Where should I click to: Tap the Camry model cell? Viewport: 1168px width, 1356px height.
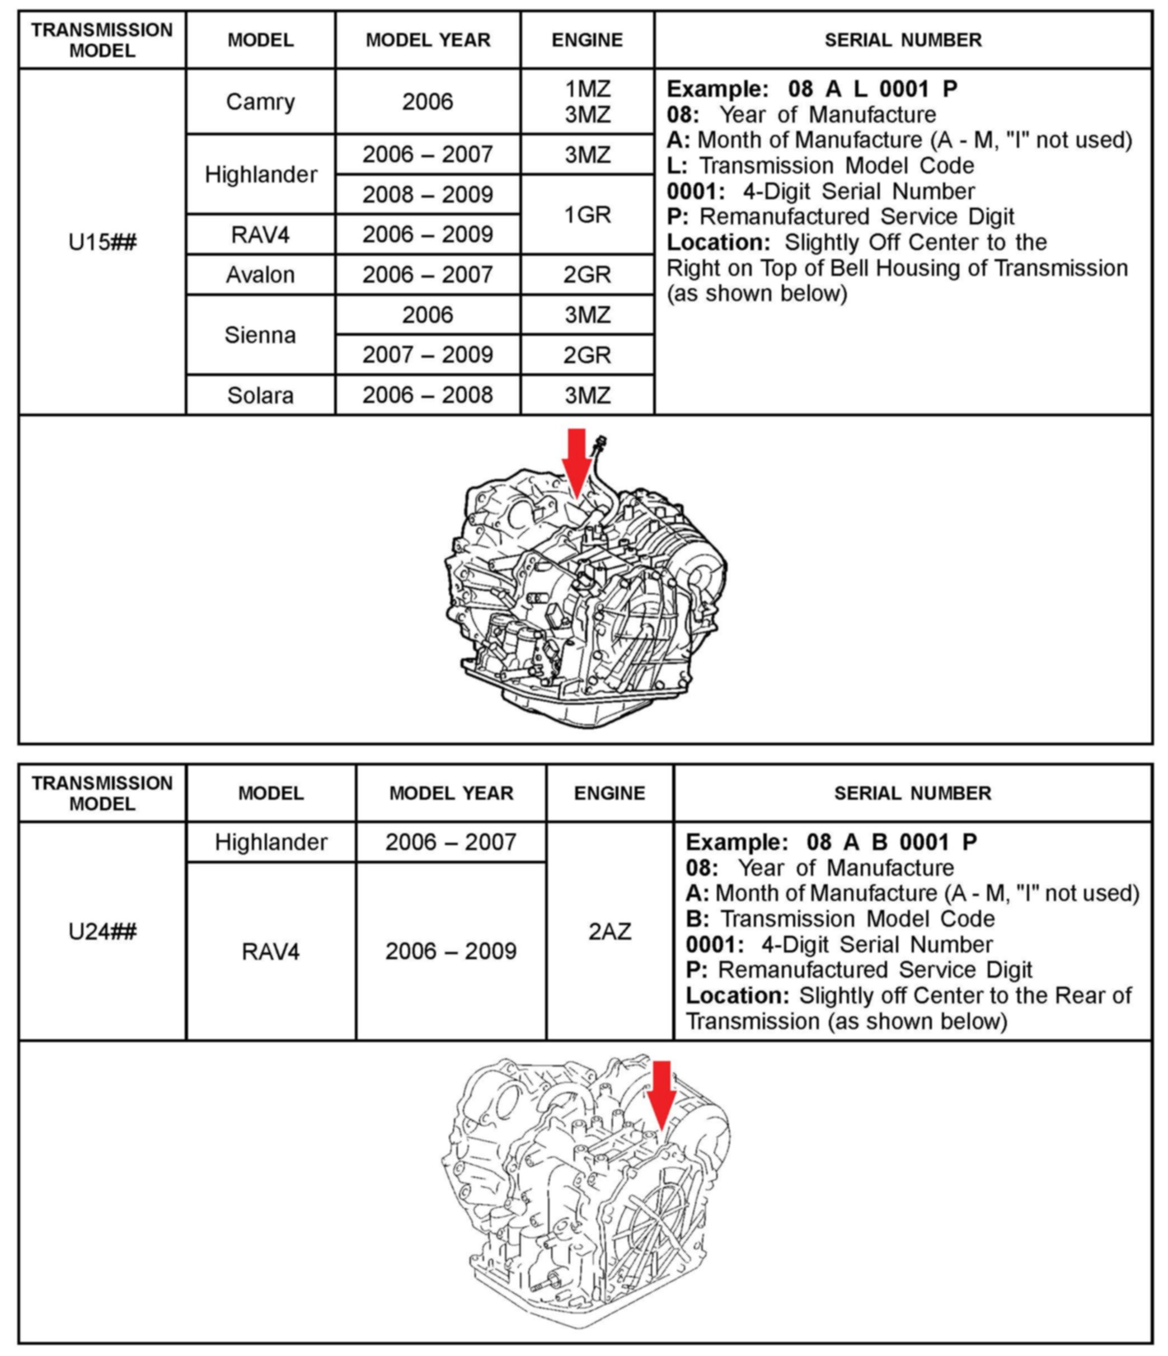click(x=260, y=101)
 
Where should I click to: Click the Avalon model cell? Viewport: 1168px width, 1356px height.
click(x=260, y=274)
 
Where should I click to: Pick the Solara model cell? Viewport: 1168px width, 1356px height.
click(x=260, y=395)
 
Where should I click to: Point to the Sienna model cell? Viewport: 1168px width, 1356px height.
click(x=260, y=335)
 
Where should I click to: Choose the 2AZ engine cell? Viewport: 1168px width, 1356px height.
click(x=609, y=931)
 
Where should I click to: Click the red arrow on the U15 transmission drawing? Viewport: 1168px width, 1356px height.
click(x=576, y=461)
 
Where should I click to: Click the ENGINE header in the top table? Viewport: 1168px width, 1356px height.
click(x=587, y=40)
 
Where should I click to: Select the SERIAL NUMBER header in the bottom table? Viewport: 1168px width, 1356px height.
click(x=912, y=793)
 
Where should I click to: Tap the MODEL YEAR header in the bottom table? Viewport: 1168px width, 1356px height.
click(x=451, y=793)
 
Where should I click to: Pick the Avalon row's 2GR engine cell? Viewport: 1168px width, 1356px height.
click(x=587, y=275)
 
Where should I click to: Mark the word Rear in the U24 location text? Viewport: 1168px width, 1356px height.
click(x=1080, y=996)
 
